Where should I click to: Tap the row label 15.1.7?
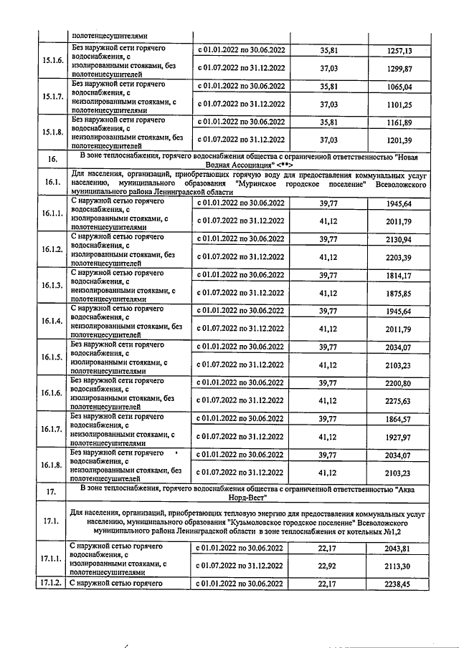(x=52, y=96)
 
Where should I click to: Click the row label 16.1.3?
(x=52, y=284)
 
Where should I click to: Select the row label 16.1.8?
(x=52, y=465)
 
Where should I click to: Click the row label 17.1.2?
(x=52, y=584)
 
